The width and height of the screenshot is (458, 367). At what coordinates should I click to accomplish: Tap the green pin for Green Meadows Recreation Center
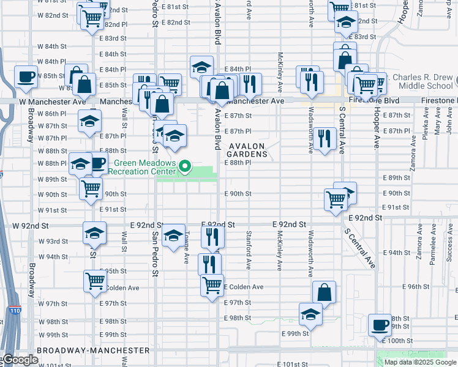coord(183,166)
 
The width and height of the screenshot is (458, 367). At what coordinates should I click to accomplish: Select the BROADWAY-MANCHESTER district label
coord(93,350)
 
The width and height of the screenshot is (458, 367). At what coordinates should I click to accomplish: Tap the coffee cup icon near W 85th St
coord(26,76)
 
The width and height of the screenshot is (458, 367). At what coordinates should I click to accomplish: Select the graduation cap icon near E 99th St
coord(310,314)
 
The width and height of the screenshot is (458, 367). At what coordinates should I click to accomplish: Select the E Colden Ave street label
coord(244,287)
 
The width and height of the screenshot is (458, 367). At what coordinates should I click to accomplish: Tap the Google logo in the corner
coord(20,360)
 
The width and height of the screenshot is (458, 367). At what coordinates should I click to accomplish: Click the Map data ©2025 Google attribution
coord(420,362)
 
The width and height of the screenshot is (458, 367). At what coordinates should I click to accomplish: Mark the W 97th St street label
coord(53,304)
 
